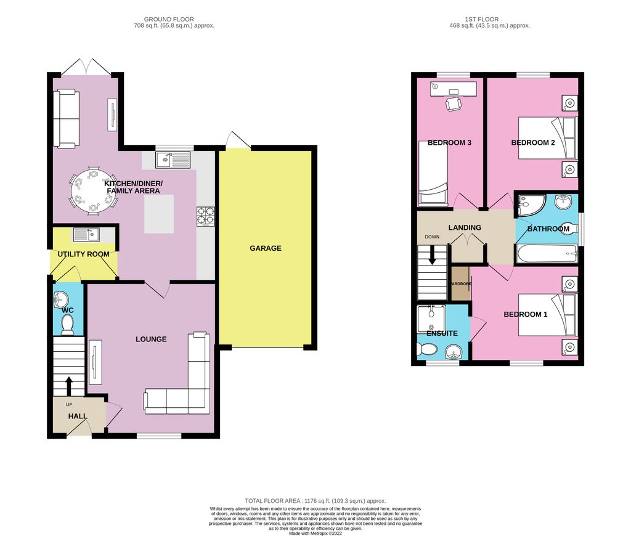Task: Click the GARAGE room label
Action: click(266, 248)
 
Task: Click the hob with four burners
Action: click(206, 216)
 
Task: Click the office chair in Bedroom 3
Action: click(454, 104)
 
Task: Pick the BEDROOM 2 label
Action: click(533, 143)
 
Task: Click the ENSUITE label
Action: click(442, 333)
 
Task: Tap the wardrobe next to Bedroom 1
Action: click(460, 284)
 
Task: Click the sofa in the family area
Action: click(66, 118)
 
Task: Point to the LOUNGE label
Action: click(151, 339)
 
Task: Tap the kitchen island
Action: click(159, 214)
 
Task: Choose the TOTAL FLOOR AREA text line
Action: click(315, 501)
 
